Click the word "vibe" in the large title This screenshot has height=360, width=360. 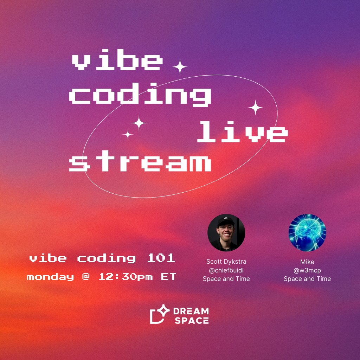click(x=116, y=63)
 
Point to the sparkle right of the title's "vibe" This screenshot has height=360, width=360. click(x=180, y=66)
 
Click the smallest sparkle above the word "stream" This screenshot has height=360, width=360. click(x=128, y=134)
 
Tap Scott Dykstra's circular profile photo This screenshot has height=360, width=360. click(x=226, y=233)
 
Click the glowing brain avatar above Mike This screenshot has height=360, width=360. click(x=307, y=233)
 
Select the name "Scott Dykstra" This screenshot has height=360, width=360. click(x=226, y=262)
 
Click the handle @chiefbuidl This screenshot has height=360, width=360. click(x=226, y=270)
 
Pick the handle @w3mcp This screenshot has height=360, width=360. click(x=307, y=270)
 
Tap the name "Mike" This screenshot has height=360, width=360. click(x=307, y=262)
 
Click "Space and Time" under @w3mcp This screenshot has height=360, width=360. click(x=307, y=279)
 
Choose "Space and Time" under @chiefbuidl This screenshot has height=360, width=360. click(x=226, y=279)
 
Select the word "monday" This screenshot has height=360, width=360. click(x=50, y=277)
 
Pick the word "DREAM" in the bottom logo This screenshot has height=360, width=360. click(x=191, y=311)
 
